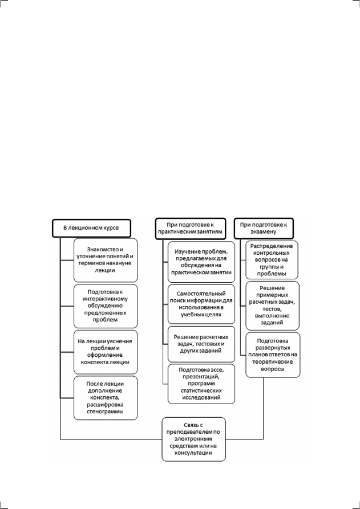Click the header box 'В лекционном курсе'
pos(91,228)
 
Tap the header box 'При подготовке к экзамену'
pos(264,228)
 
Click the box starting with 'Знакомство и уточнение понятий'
pos(106,260)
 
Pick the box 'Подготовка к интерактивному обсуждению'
pos(106,306)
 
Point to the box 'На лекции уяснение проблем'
pos(106,352)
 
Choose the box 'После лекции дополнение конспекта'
pos(106,398)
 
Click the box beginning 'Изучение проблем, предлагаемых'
pos(201,262)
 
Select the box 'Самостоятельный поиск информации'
pos(201,304)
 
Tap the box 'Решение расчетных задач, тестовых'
pos(201,344)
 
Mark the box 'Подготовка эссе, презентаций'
pos(201,384)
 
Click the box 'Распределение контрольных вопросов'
pos(272,260)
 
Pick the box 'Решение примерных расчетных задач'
pos(272,306)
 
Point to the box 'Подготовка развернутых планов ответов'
pos(273,355)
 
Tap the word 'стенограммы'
pos(106,412)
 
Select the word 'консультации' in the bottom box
pos(193,453)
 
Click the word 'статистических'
pos(201,390)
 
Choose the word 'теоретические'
pos(273,361)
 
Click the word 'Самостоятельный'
pos(201,294)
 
